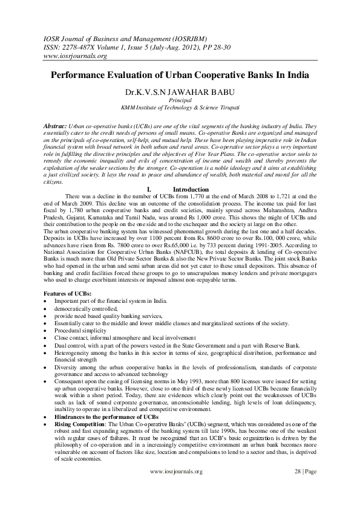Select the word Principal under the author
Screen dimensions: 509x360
coord(180,102)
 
